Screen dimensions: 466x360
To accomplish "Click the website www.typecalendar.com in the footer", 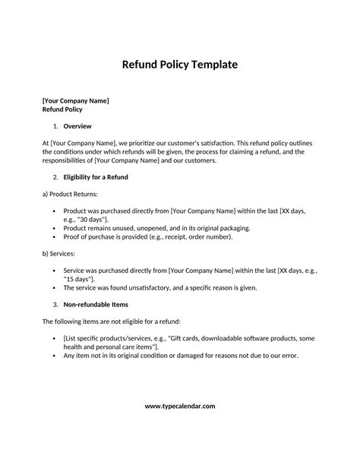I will coord(180,406).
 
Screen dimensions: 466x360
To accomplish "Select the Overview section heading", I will coord(77,125).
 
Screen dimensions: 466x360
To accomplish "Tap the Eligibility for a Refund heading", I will coord(96,177).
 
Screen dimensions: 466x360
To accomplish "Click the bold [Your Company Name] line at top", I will coord(75,100).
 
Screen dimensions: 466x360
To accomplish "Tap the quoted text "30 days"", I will coord(98,219).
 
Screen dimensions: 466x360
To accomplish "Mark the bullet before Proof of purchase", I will coord(53,236).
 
